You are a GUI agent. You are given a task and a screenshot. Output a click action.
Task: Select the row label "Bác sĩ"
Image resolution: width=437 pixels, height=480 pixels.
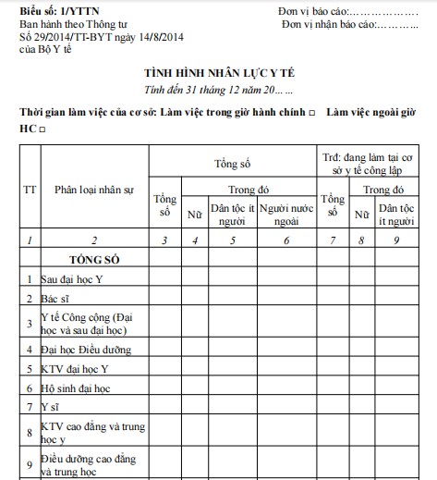[x=55, y=299]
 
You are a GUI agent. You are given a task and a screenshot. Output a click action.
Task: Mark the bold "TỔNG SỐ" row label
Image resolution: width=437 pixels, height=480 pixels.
[x=93, y=259]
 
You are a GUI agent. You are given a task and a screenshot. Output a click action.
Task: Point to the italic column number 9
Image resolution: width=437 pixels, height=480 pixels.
[x=398, y=240]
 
